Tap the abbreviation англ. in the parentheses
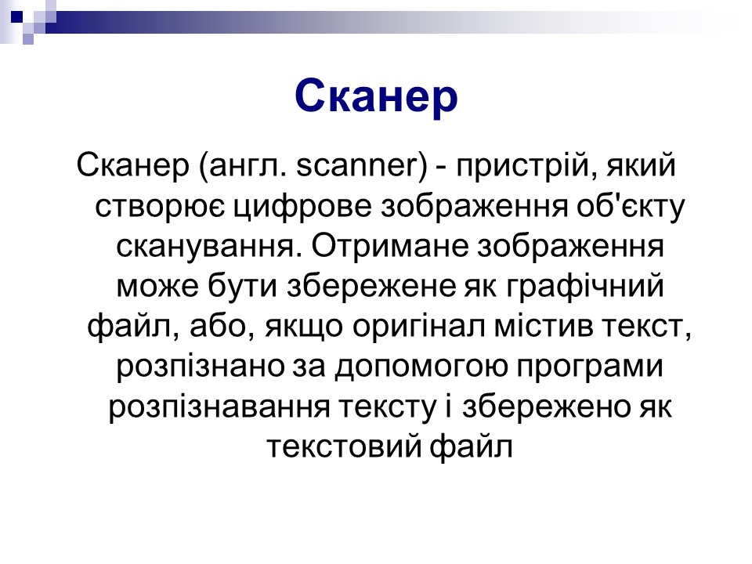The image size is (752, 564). click(x=247, y=166)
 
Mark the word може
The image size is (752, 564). click(x=157, y=287)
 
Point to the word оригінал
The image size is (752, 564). click(x=418, y=328)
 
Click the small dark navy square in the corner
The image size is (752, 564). click(x=16, y=16)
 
